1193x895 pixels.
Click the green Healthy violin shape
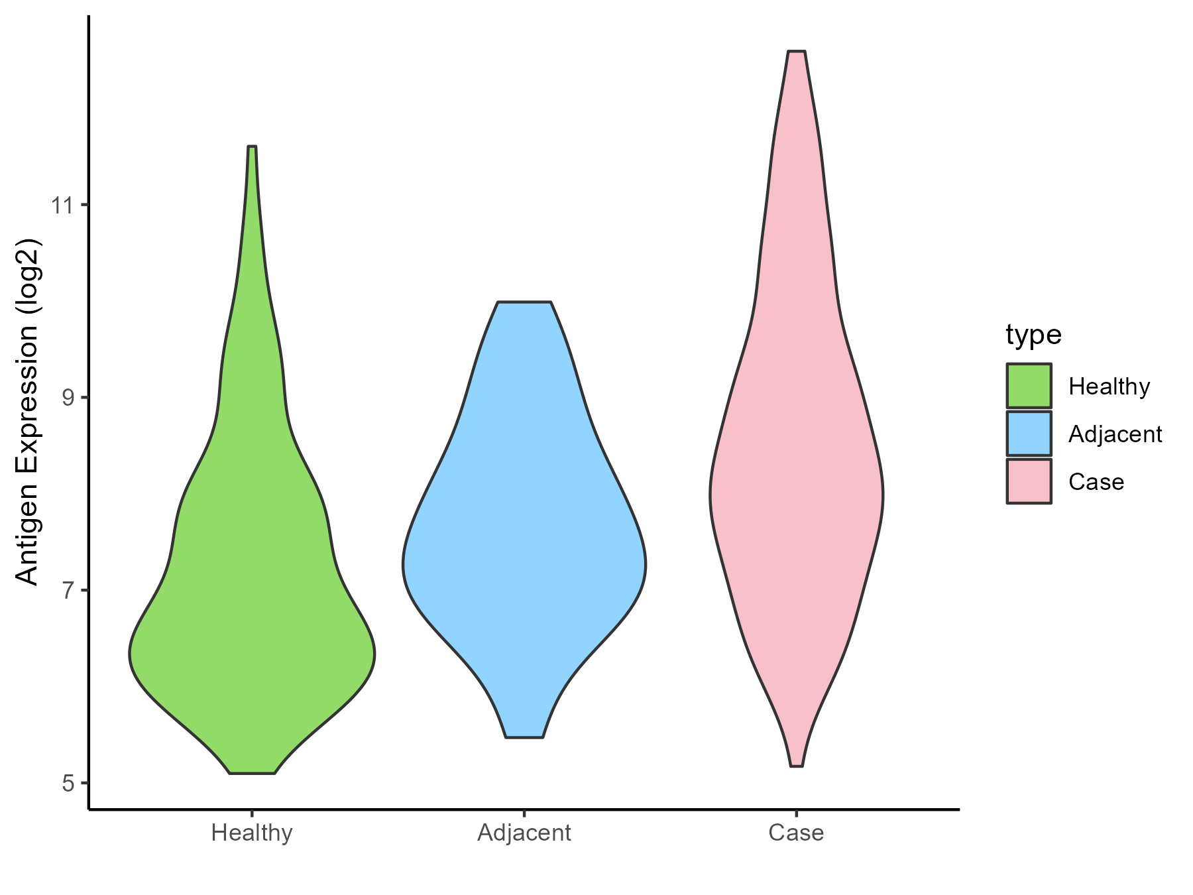[x=252, y=597]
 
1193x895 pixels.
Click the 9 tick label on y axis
[x=68, y=398]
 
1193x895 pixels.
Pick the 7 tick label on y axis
[x=68, y=591]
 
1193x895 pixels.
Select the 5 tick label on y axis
[x=68, y=784]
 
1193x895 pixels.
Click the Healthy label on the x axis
[x=252, y=833]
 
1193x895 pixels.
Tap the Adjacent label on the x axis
[x=524, y=833]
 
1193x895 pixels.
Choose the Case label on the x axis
[x=796, y=833]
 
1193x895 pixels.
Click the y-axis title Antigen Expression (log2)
[x=28, y=411]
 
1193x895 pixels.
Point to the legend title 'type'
[x=1033, y=335]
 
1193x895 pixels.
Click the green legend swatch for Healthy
[x=1029, y=386]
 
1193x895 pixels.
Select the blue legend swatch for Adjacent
[x=1029, y=434]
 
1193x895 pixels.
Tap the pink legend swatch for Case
[x=1029, y=481]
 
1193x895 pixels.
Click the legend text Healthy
[x=1109, y=387]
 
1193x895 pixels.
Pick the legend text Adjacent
[x=1115, y=434]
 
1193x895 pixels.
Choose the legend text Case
[x=1096, y=482]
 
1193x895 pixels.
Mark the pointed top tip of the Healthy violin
[x=252, y=148]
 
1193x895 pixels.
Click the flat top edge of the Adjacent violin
[x=524, y=302]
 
